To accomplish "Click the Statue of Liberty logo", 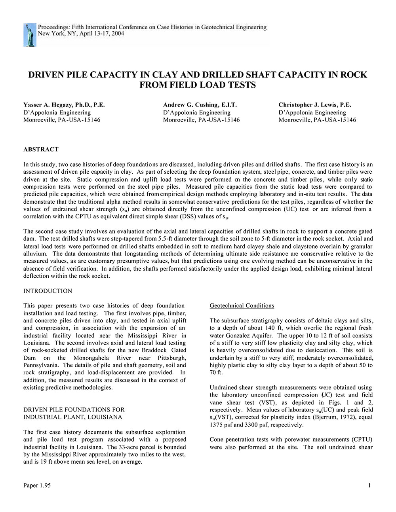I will click(x=30, y=35).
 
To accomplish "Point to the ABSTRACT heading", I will click(x=41, y=150).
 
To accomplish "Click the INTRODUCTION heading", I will click(x=48, y=291).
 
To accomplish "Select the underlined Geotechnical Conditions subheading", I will click(x=242, y=306).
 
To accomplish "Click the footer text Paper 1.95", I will click(x=37, y=485).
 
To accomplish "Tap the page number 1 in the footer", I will click(x=369, y=485).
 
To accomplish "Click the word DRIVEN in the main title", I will click(x=48, y=75).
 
